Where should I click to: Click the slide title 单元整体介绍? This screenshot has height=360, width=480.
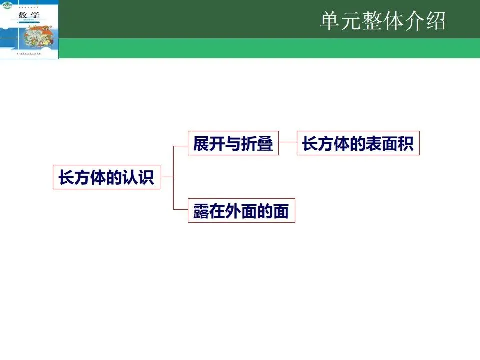382,22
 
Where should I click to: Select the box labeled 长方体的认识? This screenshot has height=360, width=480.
106,177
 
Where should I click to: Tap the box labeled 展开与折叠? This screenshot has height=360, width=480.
233,143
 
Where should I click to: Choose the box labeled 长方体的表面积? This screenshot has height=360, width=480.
358,143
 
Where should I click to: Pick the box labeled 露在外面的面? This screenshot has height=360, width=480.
241,211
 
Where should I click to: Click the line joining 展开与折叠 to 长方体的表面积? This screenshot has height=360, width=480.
288,143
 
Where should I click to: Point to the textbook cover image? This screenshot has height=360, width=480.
29,29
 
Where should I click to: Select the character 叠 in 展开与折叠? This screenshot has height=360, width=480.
265,144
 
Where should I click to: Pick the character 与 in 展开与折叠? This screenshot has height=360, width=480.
233,144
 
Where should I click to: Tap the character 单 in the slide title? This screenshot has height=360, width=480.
330,22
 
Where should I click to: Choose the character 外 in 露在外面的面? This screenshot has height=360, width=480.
233,211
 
